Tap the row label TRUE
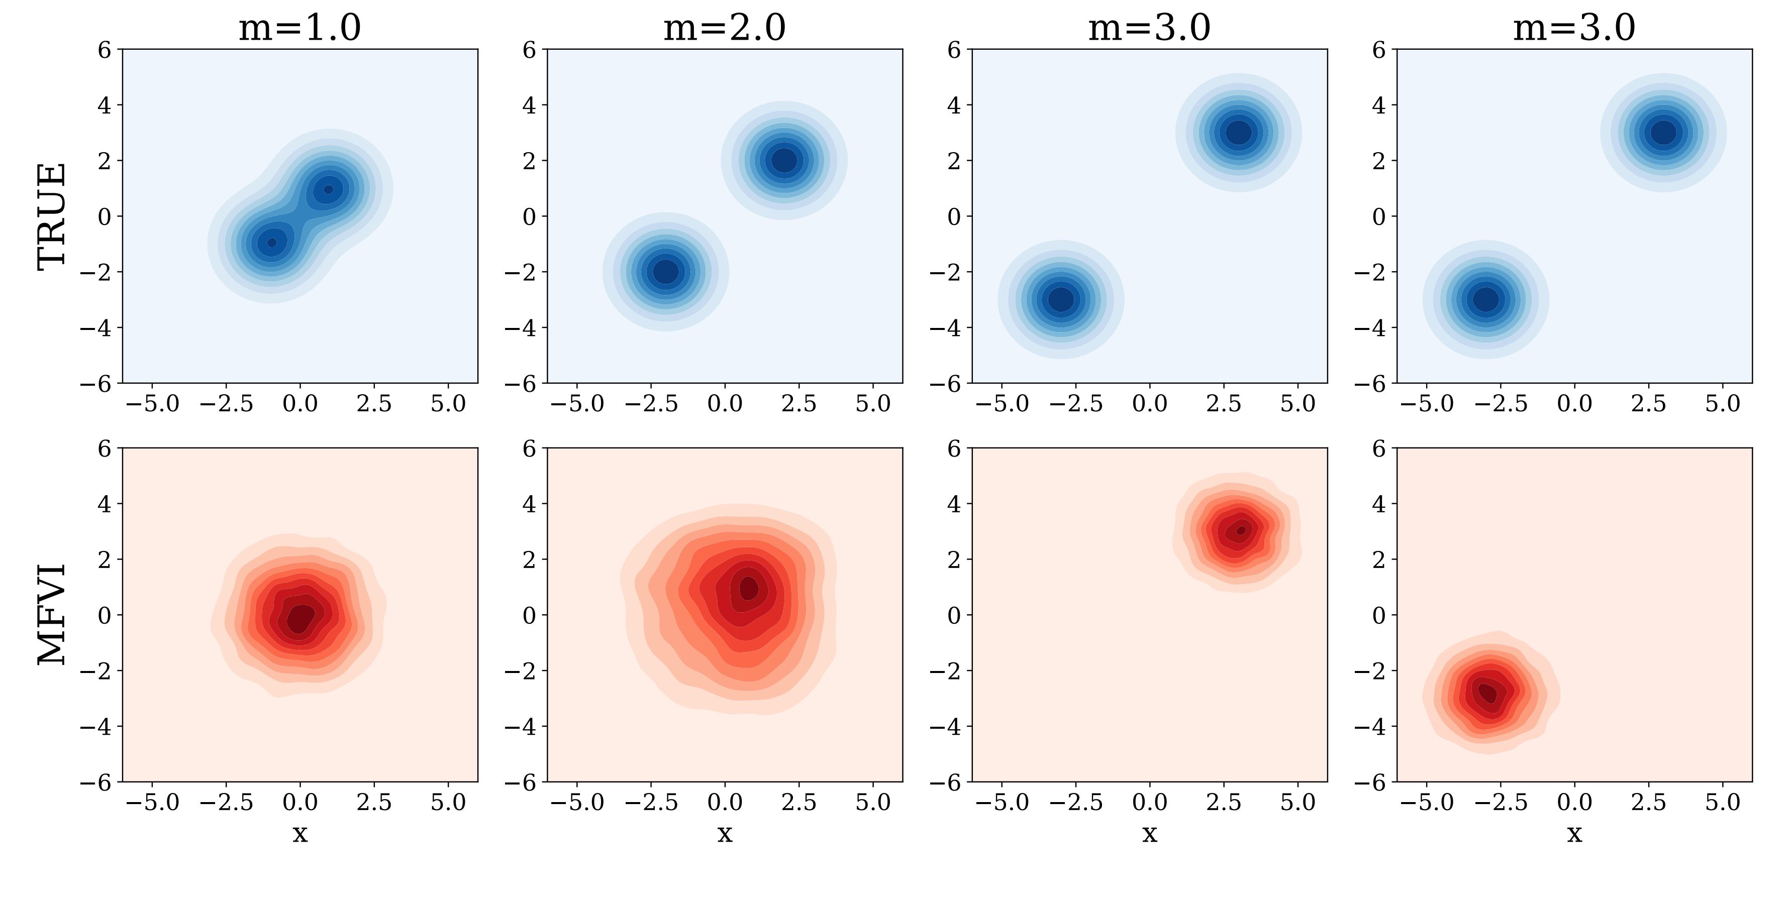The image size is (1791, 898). (52, 215)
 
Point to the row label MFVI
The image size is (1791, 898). (52, 614)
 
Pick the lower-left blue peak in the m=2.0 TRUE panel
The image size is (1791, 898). (665, 271)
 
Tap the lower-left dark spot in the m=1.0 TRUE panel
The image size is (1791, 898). (272, 243)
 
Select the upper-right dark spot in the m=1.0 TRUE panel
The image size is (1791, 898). (329, 189)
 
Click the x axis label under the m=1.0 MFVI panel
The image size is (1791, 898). (300, 833)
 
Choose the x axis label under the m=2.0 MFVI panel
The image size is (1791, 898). (725, 833)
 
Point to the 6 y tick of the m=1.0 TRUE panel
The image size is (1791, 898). (105, 50)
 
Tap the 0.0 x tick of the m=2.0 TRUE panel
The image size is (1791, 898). (725, 404)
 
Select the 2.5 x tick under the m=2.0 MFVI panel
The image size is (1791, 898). (799, 803)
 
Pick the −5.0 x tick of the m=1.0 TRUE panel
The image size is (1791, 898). (152, 404)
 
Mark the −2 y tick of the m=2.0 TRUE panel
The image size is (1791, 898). (521, 272)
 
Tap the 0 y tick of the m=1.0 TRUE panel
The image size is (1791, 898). (105, 216)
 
